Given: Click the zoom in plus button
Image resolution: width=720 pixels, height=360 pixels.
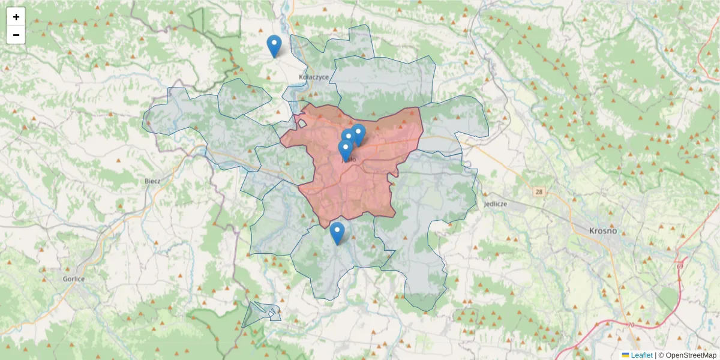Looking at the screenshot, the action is click(x=16, y=17).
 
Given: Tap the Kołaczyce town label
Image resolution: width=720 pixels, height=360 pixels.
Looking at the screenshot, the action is click(x=314, y=77).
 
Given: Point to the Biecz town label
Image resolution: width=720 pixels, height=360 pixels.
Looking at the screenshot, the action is click(x=152, y=181).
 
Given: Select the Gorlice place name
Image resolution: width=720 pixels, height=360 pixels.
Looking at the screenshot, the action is click(x=74, y=279).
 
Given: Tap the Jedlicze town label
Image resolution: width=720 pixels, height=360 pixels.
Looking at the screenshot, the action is click(x=495, y=204).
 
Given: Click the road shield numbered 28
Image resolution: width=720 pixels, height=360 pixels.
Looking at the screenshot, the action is click(x=539, y=191).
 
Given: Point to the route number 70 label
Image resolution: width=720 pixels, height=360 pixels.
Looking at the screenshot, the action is click(x=631, y=325).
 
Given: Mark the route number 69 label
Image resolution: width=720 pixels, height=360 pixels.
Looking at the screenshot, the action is click(x=680, y=266).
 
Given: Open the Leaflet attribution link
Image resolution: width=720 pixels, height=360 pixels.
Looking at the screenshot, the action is click(x=641, y=355).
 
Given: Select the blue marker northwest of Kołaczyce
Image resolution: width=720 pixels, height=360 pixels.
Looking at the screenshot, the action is click(x=274, y=46).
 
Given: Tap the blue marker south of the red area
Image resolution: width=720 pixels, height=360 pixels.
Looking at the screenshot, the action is click(x=337, y=233).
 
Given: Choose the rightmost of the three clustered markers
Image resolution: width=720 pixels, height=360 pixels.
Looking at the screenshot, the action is click(x=359, y=134).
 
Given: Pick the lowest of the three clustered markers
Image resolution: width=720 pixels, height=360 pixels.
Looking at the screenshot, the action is click(x=345, y=151).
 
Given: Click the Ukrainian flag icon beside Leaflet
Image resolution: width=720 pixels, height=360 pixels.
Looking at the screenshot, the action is click(x=625, y=355).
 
